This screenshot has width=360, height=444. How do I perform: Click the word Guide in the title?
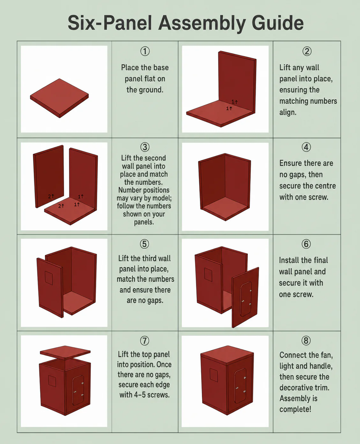[x=277, y=23]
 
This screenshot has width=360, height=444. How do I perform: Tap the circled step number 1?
[x=145, y=51]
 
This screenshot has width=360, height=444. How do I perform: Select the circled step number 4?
[x=306, y=147]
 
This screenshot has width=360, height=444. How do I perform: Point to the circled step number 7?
[x=144, y=341]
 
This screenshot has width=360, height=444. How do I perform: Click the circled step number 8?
[x=306, y=341]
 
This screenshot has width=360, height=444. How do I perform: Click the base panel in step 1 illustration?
[x=59, y=98]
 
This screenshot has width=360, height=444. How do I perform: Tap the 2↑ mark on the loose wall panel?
[x=51, y=196]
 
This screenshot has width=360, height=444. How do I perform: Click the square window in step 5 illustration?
[x=49, y=278]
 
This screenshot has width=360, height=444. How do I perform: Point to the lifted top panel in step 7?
[x=65, y=353]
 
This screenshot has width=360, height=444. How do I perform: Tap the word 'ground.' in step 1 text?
[x=145, y=90]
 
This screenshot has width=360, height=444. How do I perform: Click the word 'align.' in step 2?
[x=288, y=113]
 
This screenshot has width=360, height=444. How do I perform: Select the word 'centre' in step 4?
[x=324, y=186]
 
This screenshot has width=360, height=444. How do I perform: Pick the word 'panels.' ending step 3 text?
[x=144, y=222]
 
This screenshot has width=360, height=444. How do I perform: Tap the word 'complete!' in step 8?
[x=295, y=409]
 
